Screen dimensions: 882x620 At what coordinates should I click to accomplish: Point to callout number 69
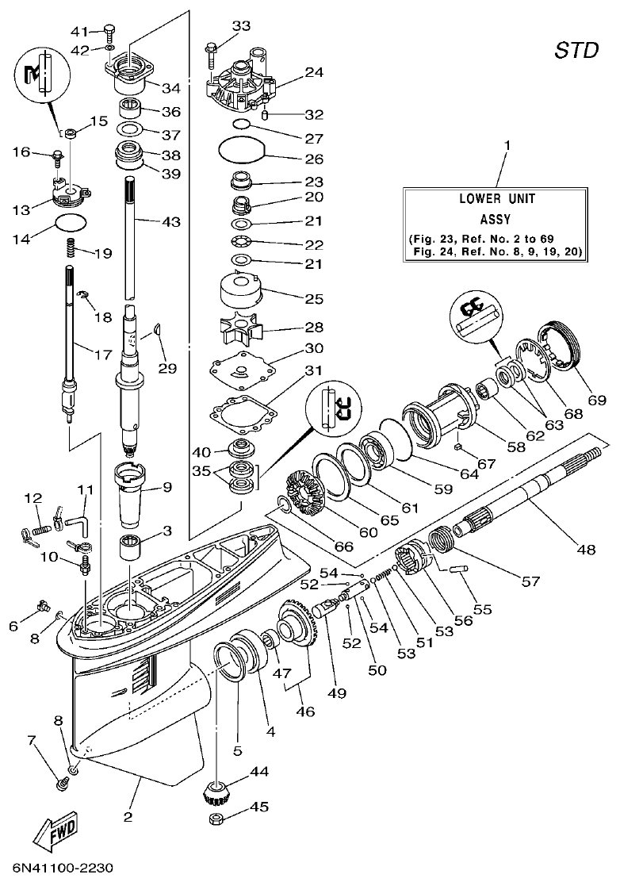pos(596,400)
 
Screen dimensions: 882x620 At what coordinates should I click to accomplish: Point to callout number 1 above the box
pos(507,145)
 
